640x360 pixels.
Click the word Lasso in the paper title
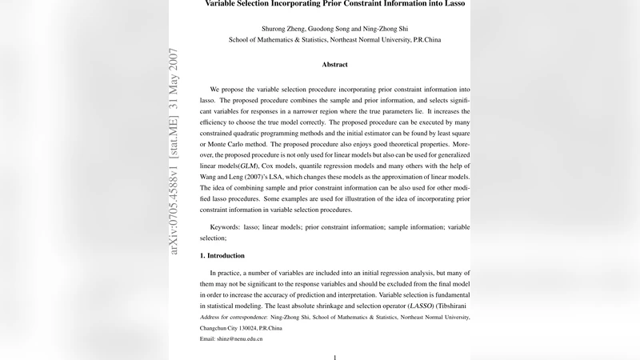[x=450, y=4]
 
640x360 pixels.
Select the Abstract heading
[x=334, y=64]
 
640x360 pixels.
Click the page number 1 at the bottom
[x=334, y=357]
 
